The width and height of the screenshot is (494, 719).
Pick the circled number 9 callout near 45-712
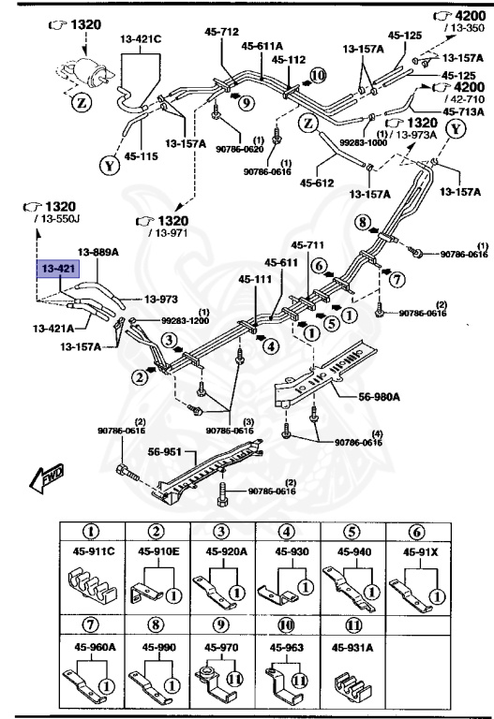click(246, 102)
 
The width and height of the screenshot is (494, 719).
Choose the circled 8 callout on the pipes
click(362, 222)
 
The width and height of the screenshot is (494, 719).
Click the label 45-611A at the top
click(261, 44)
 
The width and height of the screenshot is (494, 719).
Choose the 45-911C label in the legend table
click(89, 551)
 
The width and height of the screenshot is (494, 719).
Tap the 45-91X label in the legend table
click(421, 551)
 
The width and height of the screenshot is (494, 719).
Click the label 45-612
click(318, 183)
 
